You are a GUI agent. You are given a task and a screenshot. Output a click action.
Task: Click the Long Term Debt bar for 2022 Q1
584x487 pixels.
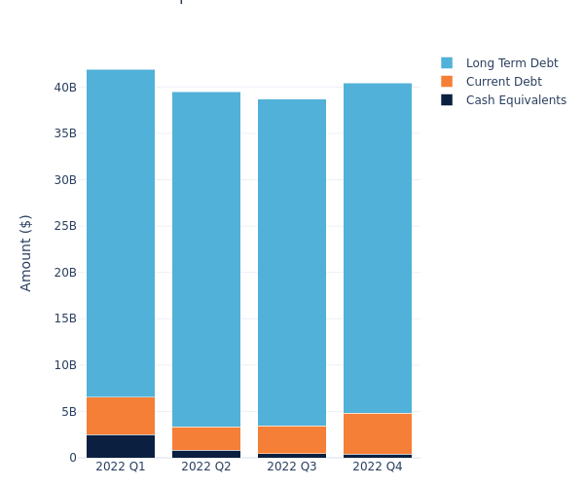point(121,233)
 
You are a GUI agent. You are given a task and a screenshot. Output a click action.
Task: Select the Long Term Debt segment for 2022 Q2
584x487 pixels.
point(206,259)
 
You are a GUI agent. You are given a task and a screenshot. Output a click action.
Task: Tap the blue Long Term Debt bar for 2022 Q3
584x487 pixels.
point(292,262)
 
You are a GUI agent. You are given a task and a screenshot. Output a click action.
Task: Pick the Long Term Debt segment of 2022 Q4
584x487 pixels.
point(378,247)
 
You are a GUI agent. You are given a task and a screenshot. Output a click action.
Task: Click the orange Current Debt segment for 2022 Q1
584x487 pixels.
point(121,416)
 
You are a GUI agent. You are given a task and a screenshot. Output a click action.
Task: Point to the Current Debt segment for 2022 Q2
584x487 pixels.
point(206,438)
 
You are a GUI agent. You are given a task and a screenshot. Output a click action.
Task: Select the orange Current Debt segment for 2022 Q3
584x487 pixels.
point(292,439)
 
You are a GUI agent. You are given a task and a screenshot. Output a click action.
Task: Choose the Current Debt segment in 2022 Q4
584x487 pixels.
point(378,433)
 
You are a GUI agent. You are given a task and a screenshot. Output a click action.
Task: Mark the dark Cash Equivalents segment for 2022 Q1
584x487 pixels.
point(121,446)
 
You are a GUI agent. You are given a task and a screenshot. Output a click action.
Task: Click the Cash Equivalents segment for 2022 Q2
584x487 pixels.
point(206,454)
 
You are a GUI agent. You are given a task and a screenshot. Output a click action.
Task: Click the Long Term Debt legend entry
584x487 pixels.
point(512,63)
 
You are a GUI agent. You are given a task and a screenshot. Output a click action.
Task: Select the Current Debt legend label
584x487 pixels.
point(503,82)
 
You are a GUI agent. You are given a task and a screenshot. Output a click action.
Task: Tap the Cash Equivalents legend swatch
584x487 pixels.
point(447,100)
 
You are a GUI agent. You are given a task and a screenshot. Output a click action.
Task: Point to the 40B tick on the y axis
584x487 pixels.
point(65,88)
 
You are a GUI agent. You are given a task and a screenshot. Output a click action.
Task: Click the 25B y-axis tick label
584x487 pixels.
point(65,226)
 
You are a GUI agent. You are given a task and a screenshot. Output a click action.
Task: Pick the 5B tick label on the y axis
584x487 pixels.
point(68,411)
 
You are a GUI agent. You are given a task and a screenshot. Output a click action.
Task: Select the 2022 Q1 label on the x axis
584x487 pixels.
point(121,467)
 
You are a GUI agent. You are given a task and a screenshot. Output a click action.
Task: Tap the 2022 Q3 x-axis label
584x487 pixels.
point(292,467)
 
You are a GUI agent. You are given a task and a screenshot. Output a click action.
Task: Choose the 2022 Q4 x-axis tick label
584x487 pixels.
point(378,467)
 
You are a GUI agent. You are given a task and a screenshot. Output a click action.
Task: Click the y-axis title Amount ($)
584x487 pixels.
point(26,252)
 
